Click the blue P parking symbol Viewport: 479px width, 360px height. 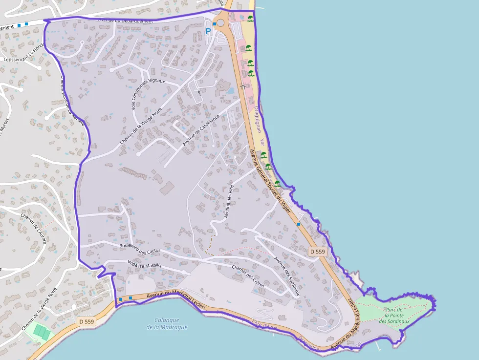coord(208,31)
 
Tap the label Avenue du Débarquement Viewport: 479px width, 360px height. coord(126,21)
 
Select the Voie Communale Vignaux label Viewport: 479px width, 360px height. coord(148,94)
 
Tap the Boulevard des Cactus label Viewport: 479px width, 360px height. coord(140,249)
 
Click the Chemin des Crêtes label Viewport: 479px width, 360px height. coord(248,275)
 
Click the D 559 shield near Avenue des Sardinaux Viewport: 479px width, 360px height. coord(317,252)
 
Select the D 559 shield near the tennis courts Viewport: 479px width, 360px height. coord(86,321)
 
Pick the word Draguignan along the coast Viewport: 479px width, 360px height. coord(257,120)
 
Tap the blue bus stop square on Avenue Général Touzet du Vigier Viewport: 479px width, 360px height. coord(298,224)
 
